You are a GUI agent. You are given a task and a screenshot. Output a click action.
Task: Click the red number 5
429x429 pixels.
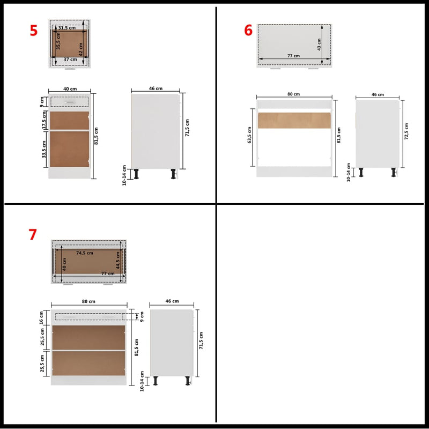tap(34, 30)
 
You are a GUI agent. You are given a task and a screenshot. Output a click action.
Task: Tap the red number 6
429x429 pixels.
tap(248, 31)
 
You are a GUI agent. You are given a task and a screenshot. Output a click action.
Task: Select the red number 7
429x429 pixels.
tap(33, 234)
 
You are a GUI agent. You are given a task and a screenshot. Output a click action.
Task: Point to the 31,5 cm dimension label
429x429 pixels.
tap(67, 27)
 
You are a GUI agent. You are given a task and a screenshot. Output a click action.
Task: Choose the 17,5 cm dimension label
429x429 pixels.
tap(45, 120)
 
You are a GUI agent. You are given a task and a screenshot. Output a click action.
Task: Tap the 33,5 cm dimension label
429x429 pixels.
tap(45, 149)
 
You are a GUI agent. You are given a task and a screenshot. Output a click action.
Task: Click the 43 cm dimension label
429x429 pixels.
tap(319, 41)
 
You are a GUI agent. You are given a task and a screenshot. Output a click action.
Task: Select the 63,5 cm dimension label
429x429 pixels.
tap(249, 136)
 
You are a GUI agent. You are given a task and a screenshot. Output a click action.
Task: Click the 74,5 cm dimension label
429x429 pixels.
tap(85, 253)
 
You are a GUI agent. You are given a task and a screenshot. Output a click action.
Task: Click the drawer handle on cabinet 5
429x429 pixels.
tap(68, 101)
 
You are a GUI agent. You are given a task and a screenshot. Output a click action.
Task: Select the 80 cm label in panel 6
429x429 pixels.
tap(293, 94)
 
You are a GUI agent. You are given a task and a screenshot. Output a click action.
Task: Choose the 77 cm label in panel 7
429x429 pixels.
tap(108, 273)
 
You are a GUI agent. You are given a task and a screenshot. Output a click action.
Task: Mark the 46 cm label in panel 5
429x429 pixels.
tap(156, 88)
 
